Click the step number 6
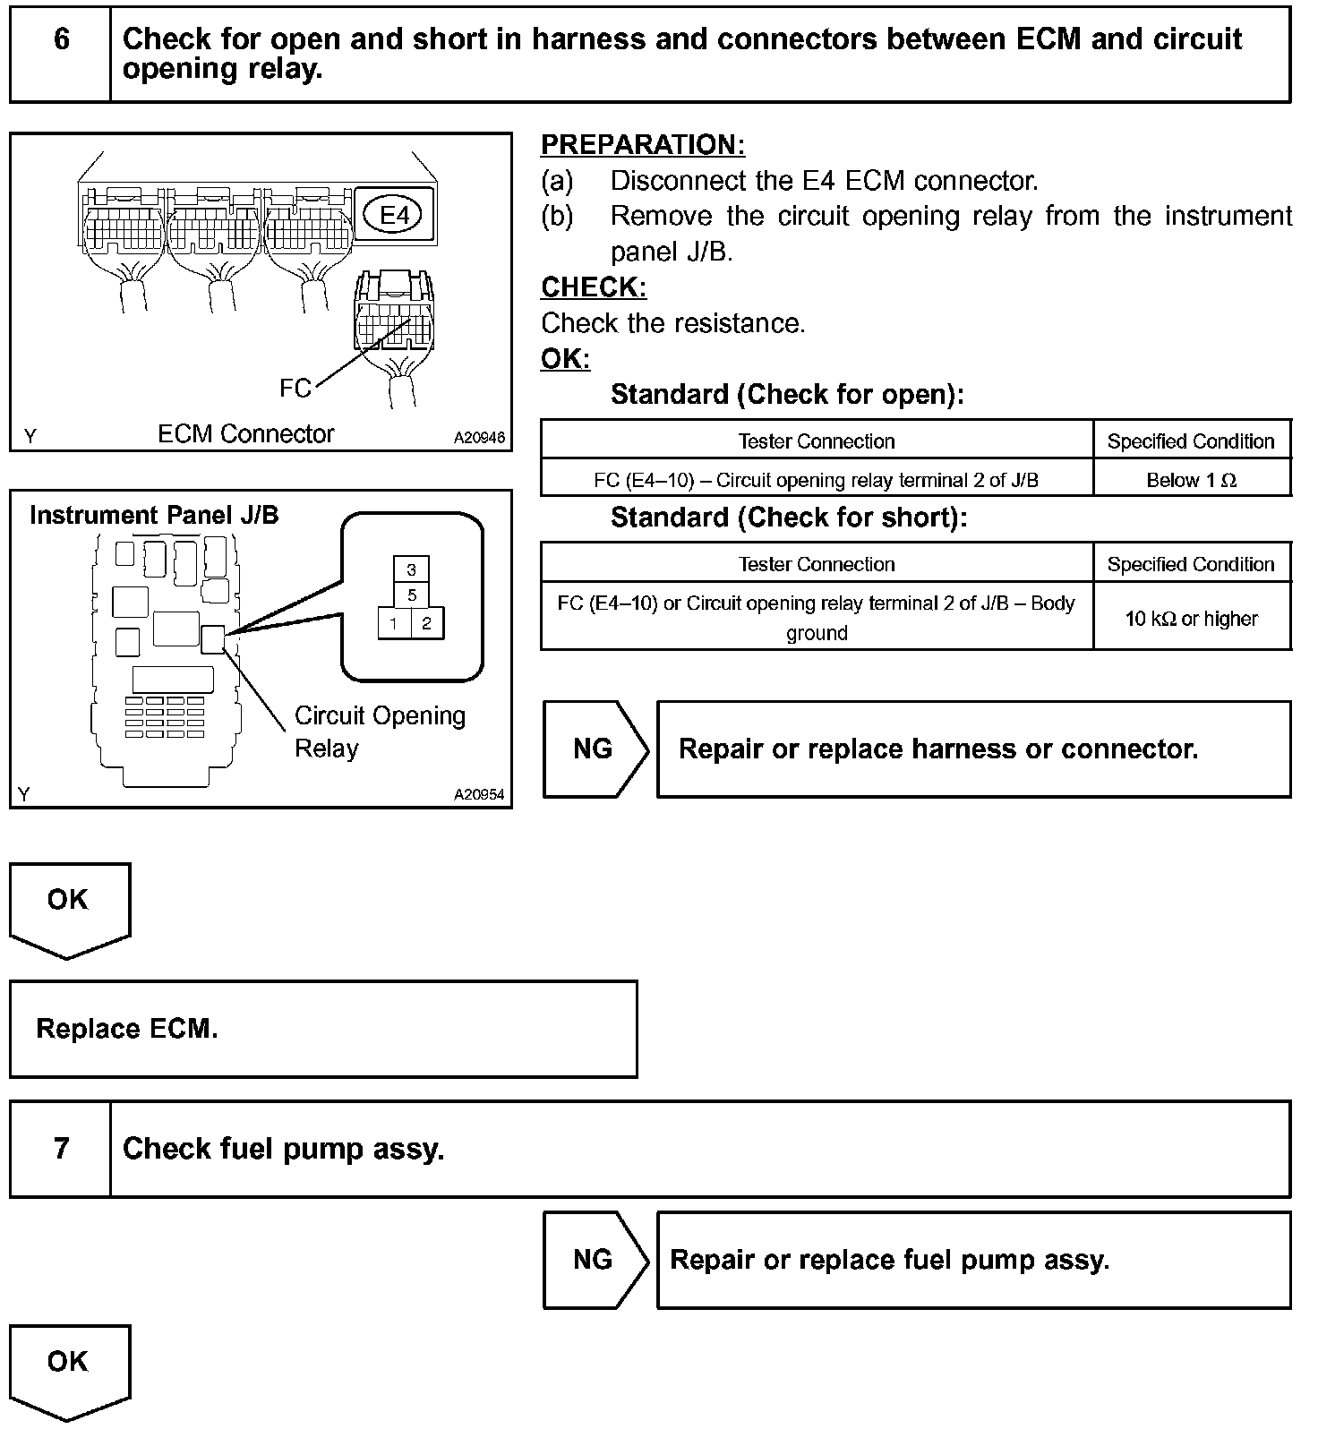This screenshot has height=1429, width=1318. (61, 39)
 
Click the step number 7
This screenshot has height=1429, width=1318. (61, 1148)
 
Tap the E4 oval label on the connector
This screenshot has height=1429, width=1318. (394, 215)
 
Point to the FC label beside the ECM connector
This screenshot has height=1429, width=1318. (295, 388)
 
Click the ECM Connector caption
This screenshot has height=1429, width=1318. (245, 434)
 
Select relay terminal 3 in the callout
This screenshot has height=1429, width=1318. (411, 569)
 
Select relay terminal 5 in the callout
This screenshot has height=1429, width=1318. (411, 595)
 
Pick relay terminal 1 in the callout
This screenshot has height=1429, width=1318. (394, 623)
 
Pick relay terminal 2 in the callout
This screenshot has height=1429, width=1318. (427, 623)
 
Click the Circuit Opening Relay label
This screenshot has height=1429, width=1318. (380, 732)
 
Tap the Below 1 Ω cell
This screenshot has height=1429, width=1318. (1191, 480)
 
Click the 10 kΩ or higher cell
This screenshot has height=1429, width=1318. (1191, 619)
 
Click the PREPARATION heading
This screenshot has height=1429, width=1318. (643, 145)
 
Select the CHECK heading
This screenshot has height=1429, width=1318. (594, 287)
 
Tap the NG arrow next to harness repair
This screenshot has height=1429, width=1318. (594, 749)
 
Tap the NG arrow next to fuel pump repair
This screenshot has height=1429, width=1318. (594, 1260)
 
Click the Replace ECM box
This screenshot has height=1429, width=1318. (323, 1029)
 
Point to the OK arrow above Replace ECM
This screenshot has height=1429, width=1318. (69, 906)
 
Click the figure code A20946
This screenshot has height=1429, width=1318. (479, 438)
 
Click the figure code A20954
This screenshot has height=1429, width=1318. (479, 794)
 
